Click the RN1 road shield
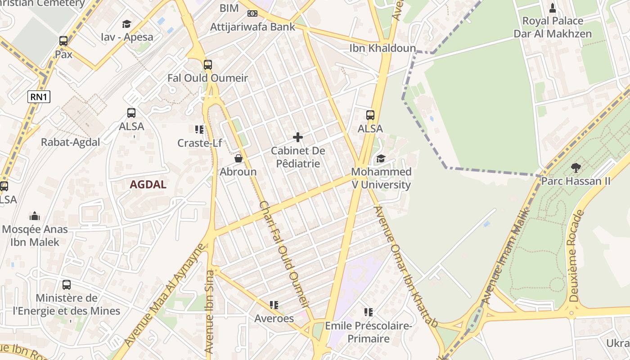coord(39,96)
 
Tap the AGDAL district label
coord(148,184)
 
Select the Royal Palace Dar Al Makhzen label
coord(552,27)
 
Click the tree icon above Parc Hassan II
coord(576,168)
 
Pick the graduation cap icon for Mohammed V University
coord(381,158)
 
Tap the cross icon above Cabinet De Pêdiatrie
coord(297,137)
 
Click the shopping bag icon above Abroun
coord(238,158)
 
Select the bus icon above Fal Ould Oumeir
coord(207,64)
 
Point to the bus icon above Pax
coord(63,41)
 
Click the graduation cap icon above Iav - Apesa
coord(127,24)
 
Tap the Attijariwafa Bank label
coord(252,27)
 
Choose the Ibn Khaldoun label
coord(382,48)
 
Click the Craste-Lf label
coord(199,143)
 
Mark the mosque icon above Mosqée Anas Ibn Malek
coord(35,216)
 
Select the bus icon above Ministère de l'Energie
coord(67,284)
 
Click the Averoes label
coord(274,318)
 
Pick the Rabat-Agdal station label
coord(70,142)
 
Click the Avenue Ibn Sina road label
coord(209,310)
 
